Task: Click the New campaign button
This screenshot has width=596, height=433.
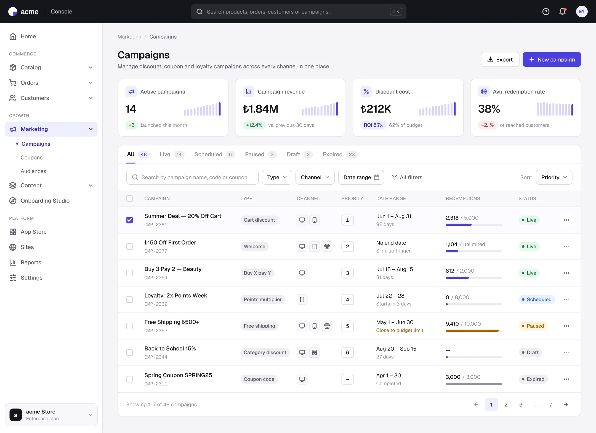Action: [x=552, y=59]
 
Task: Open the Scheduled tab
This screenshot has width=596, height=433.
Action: [x=214, y=154]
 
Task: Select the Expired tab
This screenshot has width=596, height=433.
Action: [x=340, y=154]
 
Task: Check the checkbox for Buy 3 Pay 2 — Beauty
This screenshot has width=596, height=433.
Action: [x=129, y=273]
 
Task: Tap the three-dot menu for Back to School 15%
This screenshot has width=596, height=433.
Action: [x=566, y=352]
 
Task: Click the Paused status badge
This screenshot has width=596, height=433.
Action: [x=533, y=326]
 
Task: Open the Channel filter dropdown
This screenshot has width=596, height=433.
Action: [x=315, y=177]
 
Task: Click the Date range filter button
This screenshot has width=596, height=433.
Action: [x=361, y=177]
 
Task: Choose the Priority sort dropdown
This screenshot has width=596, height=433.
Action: [x=554, y=177]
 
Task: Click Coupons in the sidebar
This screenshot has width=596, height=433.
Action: [x=31, y=158]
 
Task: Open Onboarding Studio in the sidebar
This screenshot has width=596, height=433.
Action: [x=45, y=201]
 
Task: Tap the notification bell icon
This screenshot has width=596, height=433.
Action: [x=562, y=12]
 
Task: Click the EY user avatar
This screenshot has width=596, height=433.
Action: [x=582, y=12]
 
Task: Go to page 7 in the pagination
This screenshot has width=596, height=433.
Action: [x=551, y=405]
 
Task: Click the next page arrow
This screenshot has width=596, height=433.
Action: [x=566, y=405]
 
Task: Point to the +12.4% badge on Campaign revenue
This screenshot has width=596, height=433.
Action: [x=254, y=125]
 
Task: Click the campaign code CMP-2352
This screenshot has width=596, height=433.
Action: [x=156, y=331]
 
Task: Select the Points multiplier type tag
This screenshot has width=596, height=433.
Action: [x=263, y=299]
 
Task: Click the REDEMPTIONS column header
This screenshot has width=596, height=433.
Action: [x=463, y=198]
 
